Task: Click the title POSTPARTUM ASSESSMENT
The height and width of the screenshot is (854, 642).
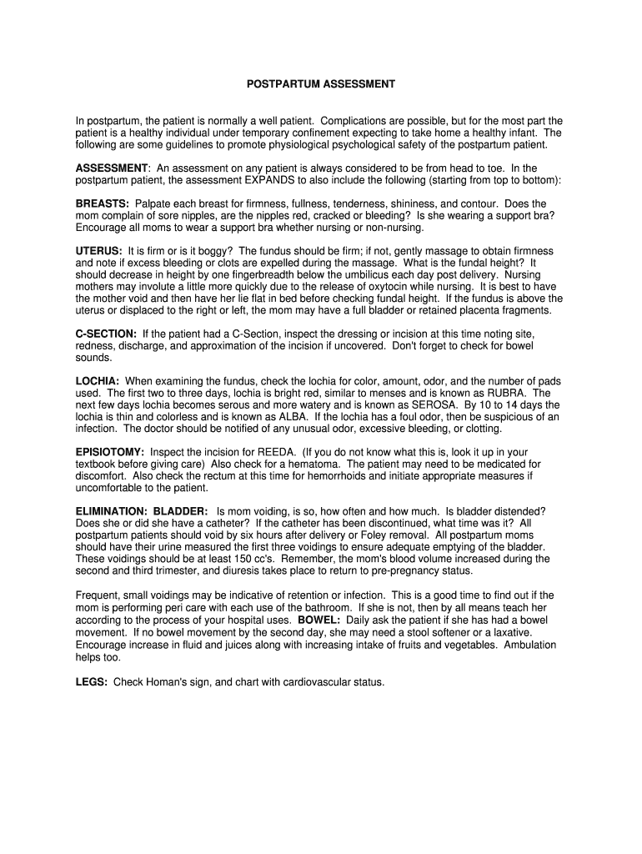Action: [x=320, y=84]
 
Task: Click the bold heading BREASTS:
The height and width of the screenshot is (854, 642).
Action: [x=102, y=203]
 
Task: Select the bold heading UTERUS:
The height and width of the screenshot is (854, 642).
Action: [x=99, y=251]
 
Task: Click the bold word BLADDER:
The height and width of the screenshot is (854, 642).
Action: [x=181, y=510]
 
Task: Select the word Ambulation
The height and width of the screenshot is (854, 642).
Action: [x=529, y=645]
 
